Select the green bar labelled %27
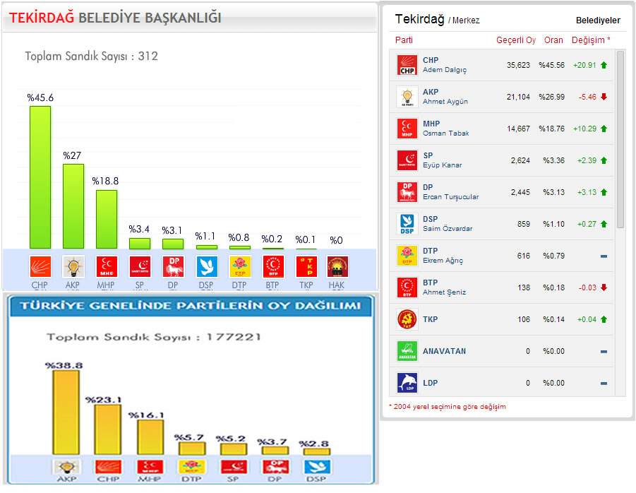pyautogui.click(x=73, y=206)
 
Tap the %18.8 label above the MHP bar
pyautogui.click(x=107, y=181)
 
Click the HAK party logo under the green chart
pyautogui.click(x=337, y=266)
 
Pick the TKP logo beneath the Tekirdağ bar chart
pyautogui.click(x=306, y=266)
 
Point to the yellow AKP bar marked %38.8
pyautogui.click(x=66, y=412)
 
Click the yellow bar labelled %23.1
pyautogui.click(x=107, y=429)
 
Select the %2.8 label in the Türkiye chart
pyautogui.click(x=315, y=444)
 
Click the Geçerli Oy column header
pyautogui.click(x=516, y=40)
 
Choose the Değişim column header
pyautogui.click(x=591, y=40)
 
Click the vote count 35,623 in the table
pyautogui.click(x=518, y=65)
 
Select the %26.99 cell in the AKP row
pyautogui.click(x=551, y=97)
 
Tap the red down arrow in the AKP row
pyautogui.click(x=604, y=97)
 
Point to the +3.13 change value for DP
pyautogui.click(x=585, y=192)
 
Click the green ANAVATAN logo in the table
pyautogui.click(x=407, y=351)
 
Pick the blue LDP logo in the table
pyautogui.click(x=407, y=383)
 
